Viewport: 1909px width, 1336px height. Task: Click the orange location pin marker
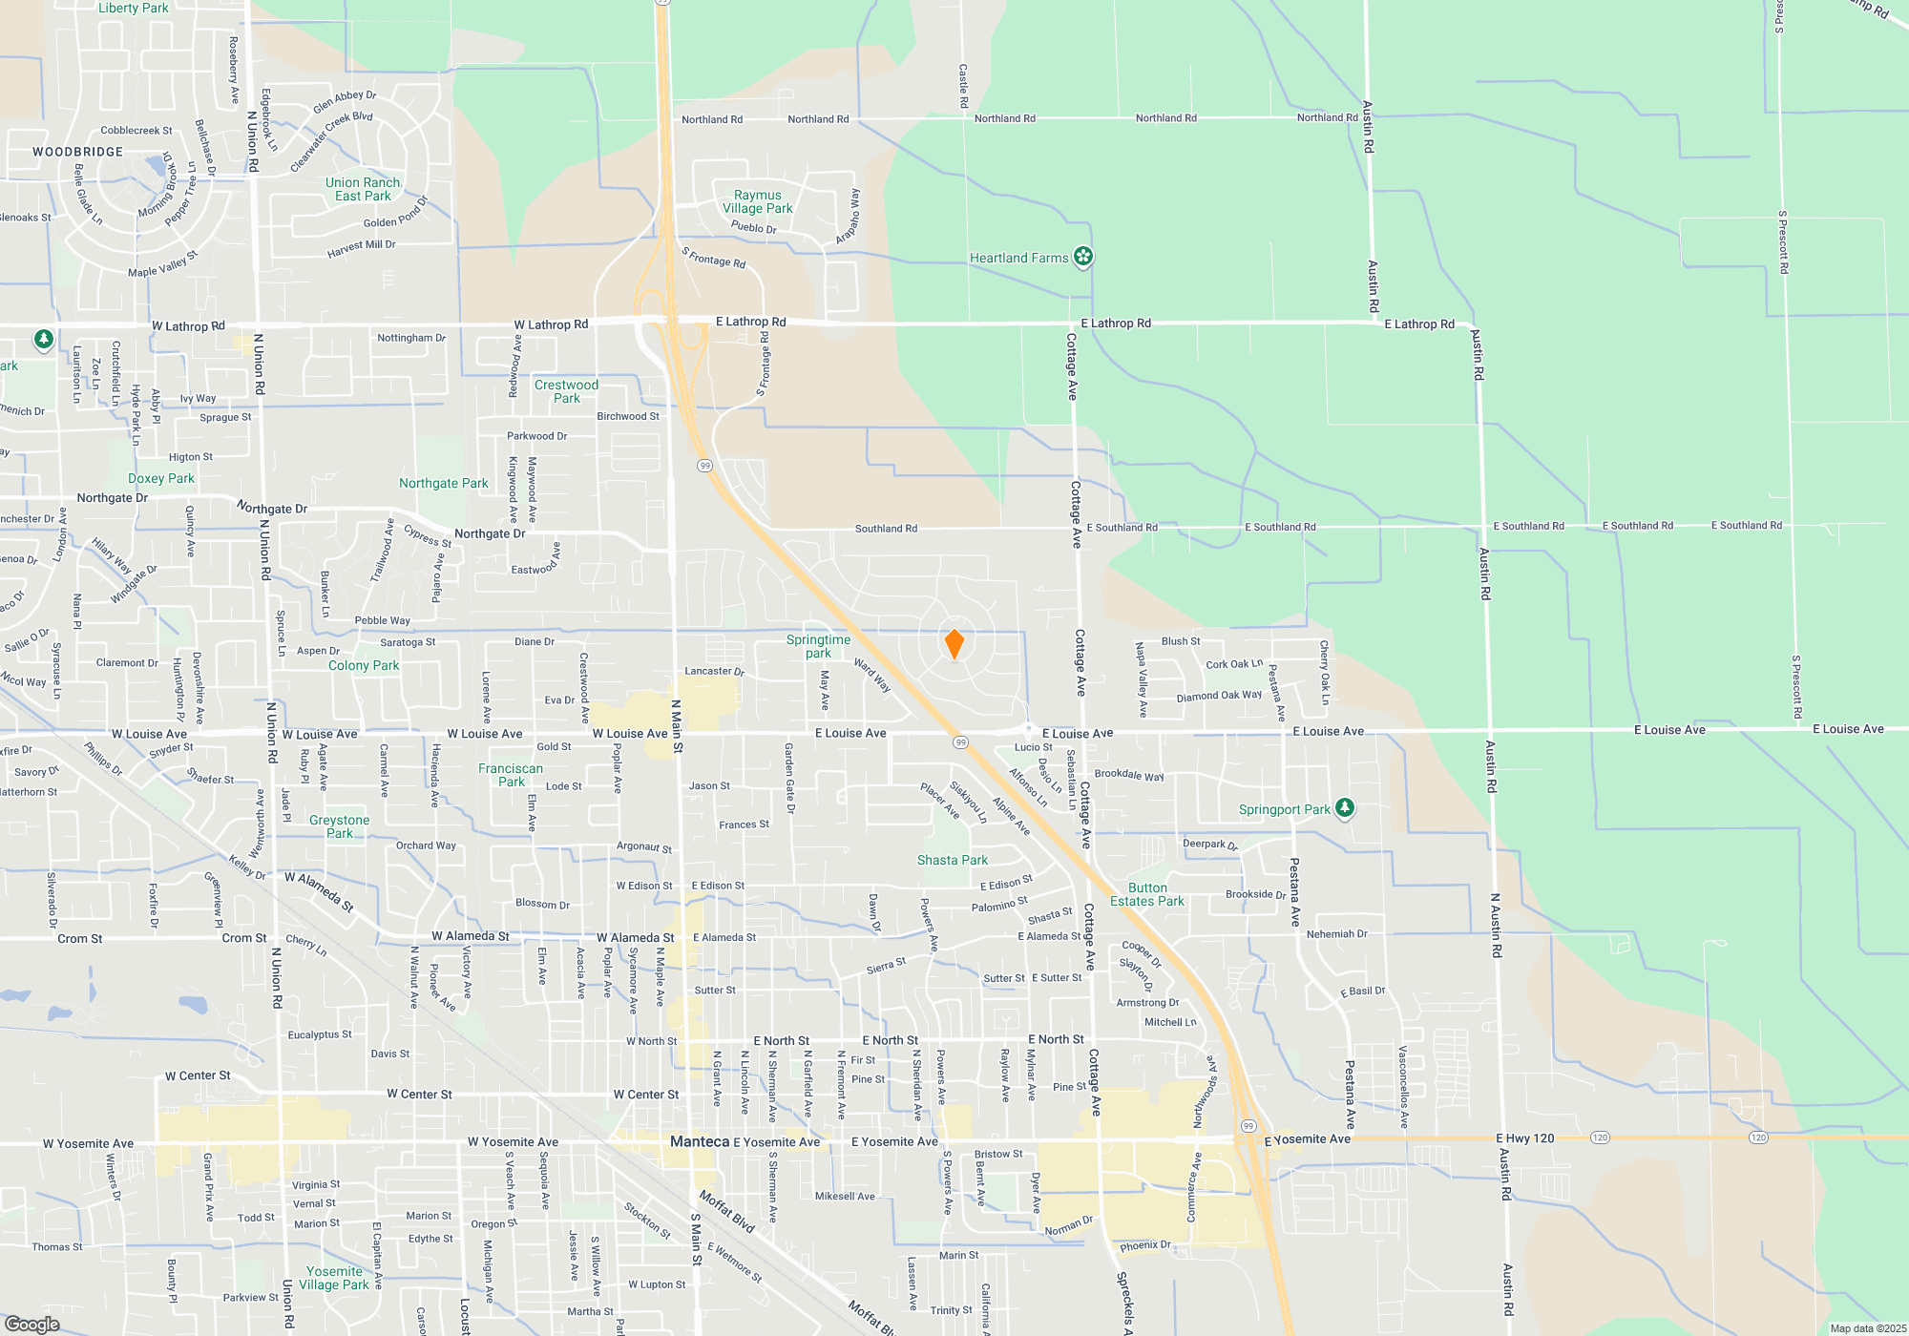[x=954, y=644]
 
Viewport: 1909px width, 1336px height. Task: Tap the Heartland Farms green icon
[x=1082, y=257]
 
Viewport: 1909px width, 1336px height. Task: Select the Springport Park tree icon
[x=1344, y=808]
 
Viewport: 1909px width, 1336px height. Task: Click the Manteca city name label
[x=700, y=1141]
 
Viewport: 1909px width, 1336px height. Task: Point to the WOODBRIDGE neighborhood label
[x=78, y=152]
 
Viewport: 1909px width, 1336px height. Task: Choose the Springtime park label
[x=818, y=646]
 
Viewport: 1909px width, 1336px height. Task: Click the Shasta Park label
[x=953, y=860]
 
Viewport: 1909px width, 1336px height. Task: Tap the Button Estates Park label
[x=1147, y=894]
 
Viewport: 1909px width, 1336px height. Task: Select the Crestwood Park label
[x=566, y=391]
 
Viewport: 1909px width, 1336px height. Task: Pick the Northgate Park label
[x=444, y=483]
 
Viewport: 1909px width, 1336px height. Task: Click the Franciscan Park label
[x=511, y=775]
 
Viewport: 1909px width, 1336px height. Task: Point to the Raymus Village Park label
[x=758, y=201]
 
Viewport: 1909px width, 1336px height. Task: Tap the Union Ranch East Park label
[x=363, y=189]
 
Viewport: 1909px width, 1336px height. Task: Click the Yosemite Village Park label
[x=334, y=1278]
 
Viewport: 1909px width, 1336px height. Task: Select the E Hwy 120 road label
[x=1525, y=1138]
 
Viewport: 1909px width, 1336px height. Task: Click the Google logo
[x=32, y=1324]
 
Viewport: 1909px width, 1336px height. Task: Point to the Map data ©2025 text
[x=1868, y=1328]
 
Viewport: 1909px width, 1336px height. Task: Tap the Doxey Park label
[x=161, y=478]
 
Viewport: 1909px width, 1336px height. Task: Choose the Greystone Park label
[x=339, y=826]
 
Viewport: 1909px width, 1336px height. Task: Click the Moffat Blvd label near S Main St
[x=727, y=1211]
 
